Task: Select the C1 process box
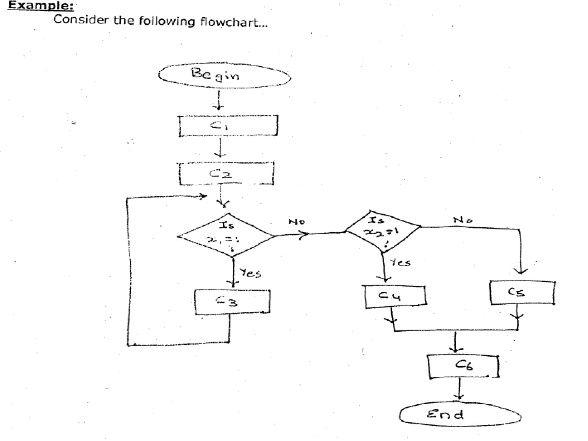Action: [x=228, y=126]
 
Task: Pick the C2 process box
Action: [x=226, y=174]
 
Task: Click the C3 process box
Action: [x=232, y=302]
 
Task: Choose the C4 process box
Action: [x=395, y=297]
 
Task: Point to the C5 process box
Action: [x=522, y=293]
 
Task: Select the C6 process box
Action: [x=463, y=367]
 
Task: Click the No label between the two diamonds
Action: [x=297, y=222]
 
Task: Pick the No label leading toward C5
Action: [x=463, y=220]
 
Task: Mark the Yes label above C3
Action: [x=250, y=273]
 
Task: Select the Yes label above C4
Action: [x=400, y=262]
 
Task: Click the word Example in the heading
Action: [x=40, y=5]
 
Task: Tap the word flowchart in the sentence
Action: [x=233, y=22]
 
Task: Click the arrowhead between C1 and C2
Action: [x=220, y=155]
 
